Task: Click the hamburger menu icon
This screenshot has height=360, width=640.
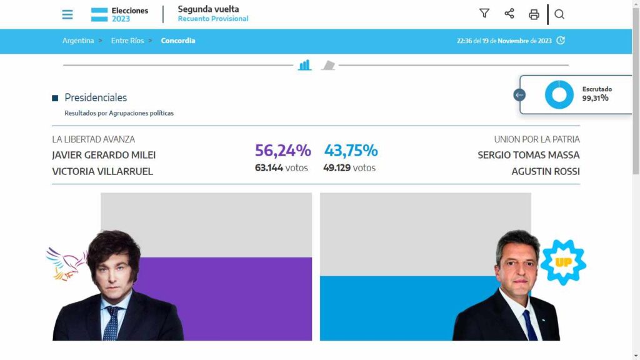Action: pos(67,14)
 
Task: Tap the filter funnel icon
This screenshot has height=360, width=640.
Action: pos(484,14)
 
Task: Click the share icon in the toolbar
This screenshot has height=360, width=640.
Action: pos(509,14)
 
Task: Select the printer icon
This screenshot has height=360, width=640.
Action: pos(534,14)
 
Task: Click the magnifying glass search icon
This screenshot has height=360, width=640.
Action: pos(559,14)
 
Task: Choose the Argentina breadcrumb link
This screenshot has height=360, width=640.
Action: pos(78,41)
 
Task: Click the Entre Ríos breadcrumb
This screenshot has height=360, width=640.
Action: pos(127,41)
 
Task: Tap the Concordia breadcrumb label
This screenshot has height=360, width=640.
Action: pos(178,41)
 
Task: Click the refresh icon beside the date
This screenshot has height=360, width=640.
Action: pos(561,41)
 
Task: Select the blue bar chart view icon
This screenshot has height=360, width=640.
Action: pos(304,65)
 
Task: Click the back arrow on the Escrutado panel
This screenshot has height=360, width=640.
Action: pos(519,95)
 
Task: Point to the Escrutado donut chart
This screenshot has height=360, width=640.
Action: pos(559,95)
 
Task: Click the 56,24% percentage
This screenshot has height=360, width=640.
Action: pos(282,151)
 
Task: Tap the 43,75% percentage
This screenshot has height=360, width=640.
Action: pos(351,151)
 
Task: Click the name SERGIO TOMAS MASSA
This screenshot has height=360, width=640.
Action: pos(528,155)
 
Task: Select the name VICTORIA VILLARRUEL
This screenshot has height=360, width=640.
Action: pos(102,171)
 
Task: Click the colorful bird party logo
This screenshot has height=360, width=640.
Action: pos(66,262)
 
